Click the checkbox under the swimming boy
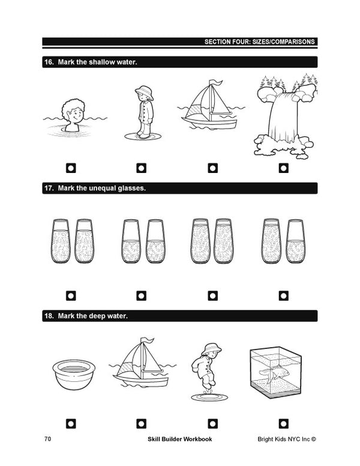[x=71, y=168]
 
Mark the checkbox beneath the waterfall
[x=284, y=168]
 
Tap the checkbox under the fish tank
[x=284, y=423]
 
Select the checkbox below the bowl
[x=71, y=423]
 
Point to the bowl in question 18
[x=74, y=374]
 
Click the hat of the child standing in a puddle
[x=145, y=91]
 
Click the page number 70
[x=47, y=439]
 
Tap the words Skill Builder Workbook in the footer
[x=180, y=439]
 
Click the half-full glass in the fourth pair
[x=296, y=241]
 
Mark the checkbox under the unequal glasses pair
[x=284, y=295]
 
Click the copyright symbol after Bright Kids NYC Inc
[x=314, y=439]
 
